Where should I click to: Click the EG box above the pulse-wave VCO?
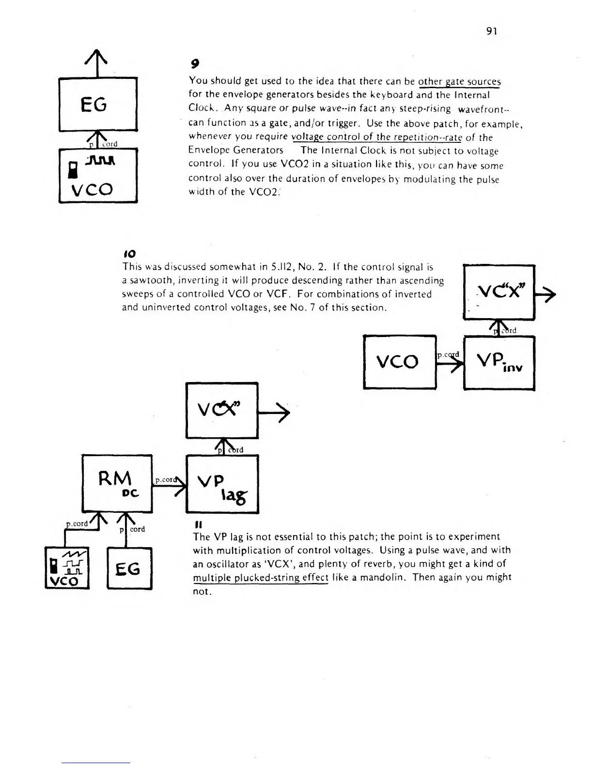click(98, 104)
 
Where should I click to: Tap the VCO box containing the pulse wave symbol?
click(98, 175)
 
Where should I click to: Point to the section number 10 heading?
click(129, 253)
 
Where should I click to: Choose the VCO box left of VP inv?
click(400, 361)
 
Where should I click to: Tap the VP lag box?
click(222, 484)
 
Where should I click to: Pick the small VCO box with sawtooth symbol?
click(67, 567)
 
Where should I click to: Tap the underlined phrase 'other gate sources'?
click(459, 81)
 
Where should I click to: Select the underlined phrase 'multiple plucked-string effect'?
click(261, 578)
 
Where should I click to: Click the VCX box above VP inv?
click(499, 292)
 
